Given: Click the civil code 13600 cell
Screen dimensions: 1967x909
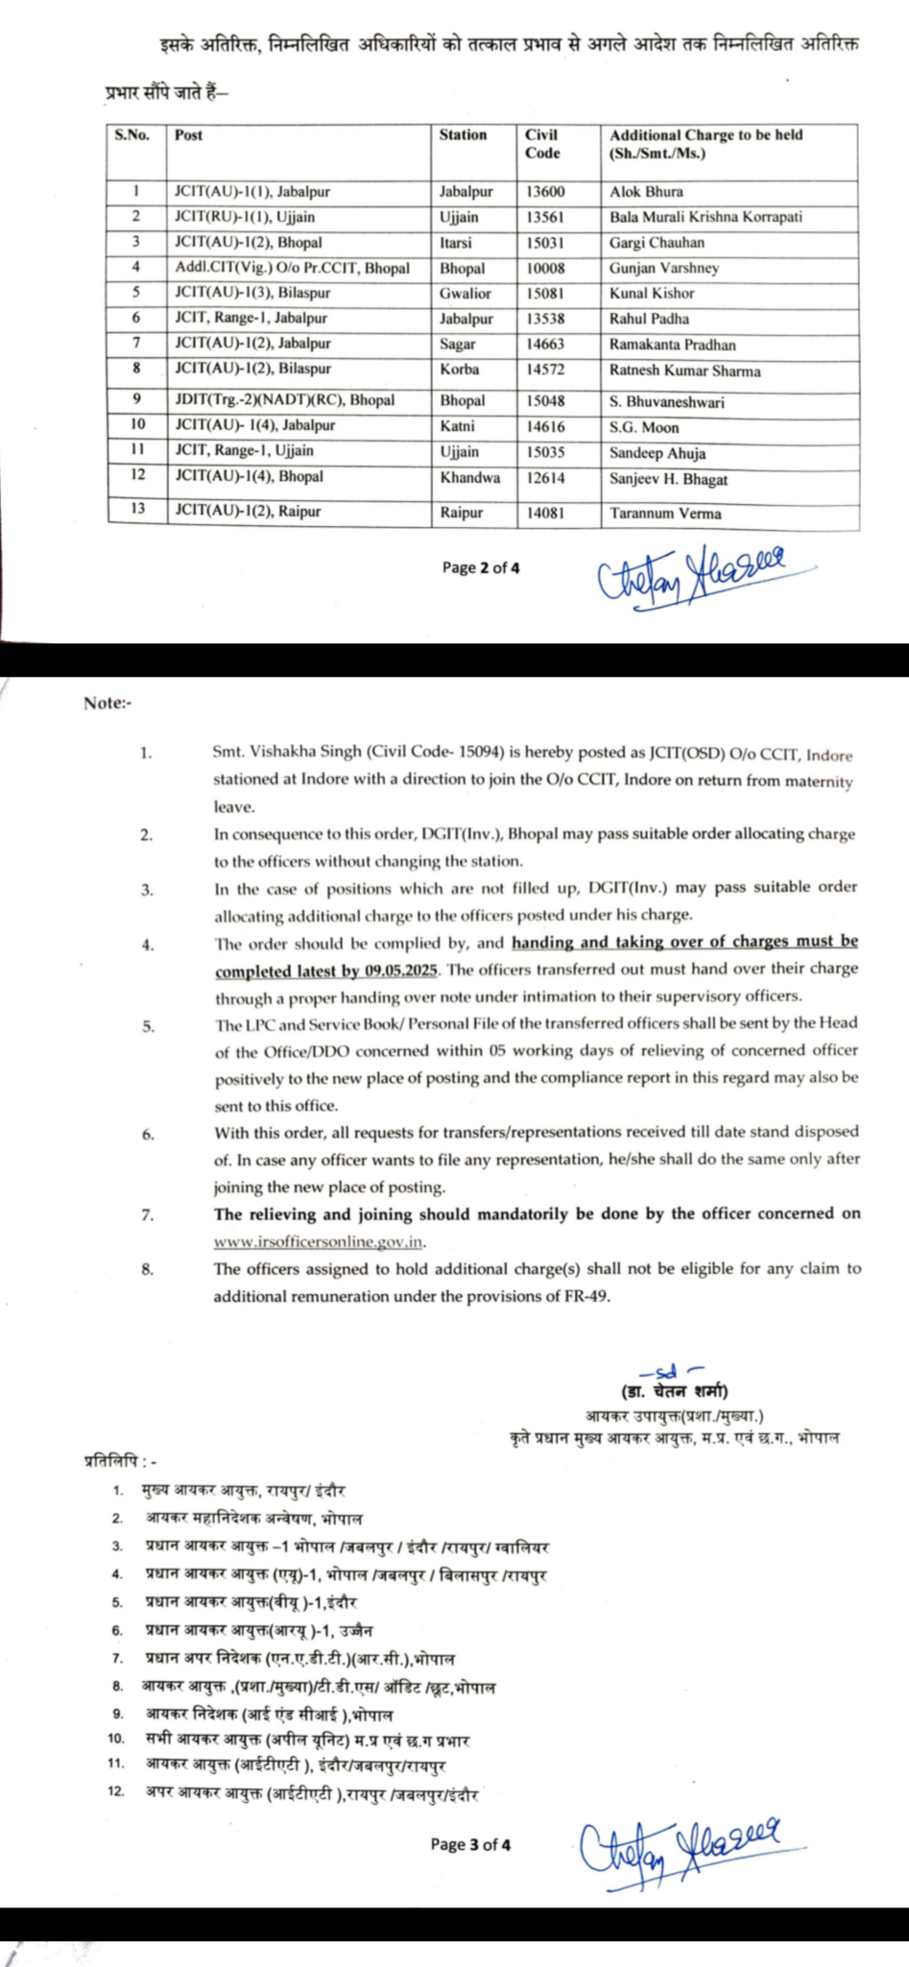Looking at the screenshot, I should pos(544,192).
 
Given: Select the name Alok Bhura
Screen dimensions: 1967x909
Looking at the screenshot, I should pos(646,192).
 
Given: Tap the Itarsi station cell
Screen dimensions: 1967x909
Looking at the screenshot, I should pos(456,243).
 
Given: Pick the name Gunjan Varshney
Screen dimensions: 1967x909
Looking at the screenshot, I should pos(664,269).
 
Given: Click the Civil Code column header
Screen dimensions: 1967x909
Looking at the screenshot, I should pos(542,144).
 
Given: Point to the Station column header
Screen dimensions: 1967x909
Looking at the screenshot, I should pos(463,135).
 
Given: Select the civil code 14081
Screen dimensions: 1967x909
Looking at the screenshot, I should pos(544,513).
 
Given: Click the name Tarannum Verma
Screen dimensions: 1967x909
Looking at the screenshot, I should pos(665,514).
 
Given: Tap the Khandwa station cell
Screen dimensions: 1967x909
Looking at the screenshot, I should pos(469,477).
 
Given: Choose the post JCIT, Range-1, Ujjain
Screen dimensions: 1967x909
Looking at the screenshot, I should pos(244,451).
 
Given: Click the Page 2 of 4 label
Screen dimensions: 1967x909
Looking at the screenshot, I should pos(481,568).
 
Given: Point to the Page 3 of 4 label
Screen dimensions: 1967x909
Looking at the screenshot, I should pos(470,1844).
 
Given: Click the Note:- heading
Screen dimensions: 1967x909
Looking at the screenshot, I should pos(108,703).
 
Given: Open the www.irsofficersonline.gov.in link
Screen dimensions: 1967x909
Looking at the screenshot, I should pos(319,1241).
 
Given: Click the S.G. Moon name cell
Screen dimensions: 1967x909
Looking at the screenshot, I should pos(644,428).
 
